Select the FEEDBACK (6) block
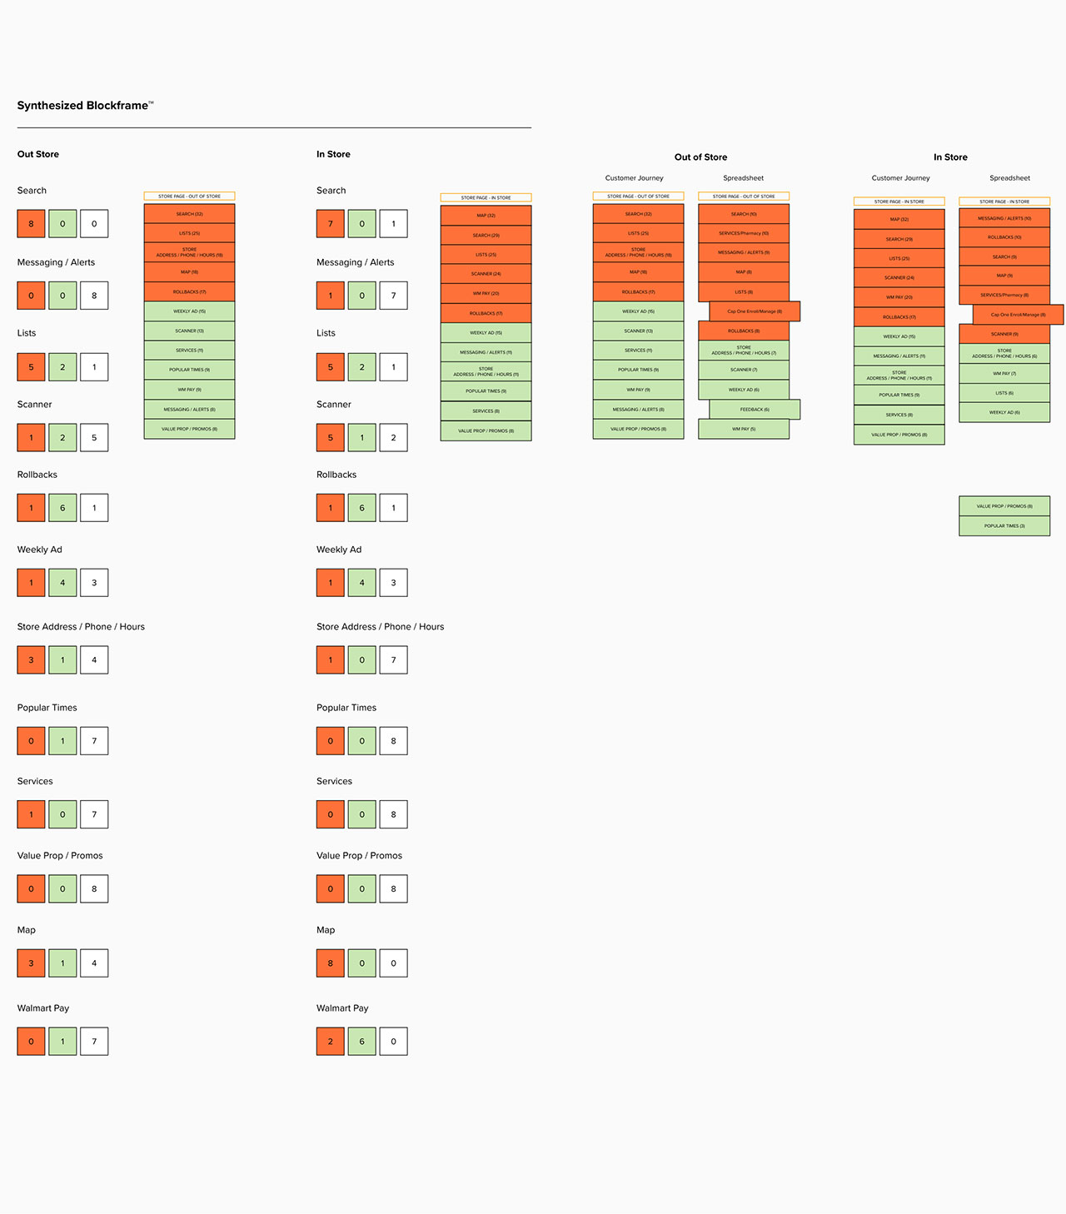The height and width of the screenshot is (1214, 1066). (x=755, y=410)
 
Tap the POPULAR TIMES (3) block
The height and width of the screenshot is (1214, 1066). (x=1004, y=526)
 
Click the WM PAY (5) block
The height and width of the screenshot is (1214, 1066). (x=744, y=429)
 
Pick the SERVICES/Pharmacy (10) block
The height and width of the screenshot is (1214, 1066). (x=744, y=233)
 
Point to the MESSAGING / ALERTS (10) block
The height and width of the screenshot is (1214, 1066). (x=1004, y=218)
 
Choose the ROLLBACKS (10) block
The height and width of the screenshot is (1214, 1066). (x=1004, y=237)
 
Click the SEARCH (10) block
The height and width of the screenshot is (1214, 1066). (x=744, y=214)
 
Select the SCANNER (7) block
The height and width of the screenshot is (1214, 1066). (x=744, y=370)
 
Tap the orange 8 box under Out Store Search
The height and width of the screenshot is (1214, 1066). (x=32, y=224)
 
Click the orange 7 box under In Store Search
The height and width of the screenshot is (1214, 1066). (x=331, y=224)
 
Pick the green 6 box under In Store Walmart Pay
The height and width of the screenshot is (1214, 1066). (x=362, y=1042)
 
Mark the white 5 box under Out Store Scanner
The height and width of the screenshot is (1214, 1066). (x=94, y=438)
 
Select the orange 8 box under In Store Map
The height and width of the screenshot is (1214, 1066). (x=331, y=963)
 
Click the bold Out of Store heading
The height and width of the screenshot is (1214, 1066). (x=700, y=157)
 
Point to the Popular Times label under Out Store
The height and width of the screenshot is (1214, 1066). (x=47, y=708)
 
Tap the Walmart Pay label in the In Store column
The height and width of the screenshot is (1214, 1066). (x=342, y=1008)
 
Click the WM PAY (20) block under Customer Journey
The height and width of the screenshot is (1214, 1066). (x=899, y=297)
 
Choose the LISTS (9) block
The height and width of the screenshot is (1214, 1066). (x=744, y=292)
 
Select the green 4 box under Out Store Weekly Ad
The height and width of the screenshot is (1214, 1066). (x=62, y=583)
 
